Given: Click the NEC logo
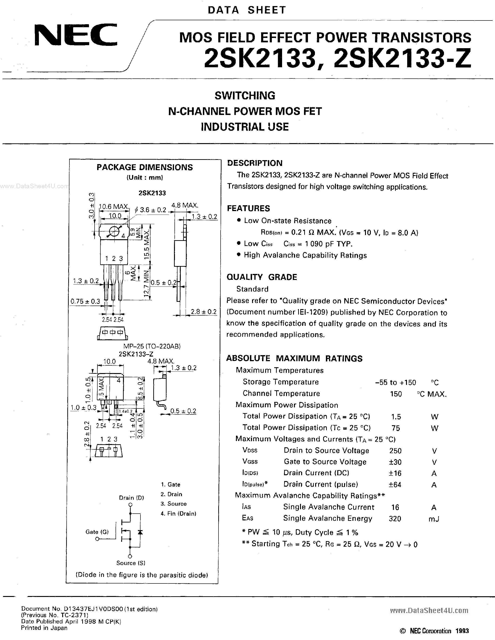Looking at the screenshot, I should (76, 35).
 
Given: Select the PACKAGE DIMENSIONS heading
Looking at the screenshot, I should (145, 167).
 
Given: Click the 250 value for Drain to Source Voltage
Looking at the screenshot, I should (395, 451).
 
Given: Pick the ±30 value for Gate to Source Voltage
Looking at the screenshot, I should (395, 462).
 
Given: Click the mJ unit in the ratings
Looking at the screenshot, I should (434, 519).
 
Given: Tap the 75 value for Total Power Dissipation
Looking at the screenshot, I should (396, 428).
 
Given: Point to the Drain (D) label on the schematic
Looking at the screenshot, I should (131, 498).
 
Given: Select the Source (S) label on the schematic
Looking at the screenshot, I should (131, 563).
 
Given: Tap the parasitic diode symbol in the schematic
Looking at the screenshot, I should (140, 532).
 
